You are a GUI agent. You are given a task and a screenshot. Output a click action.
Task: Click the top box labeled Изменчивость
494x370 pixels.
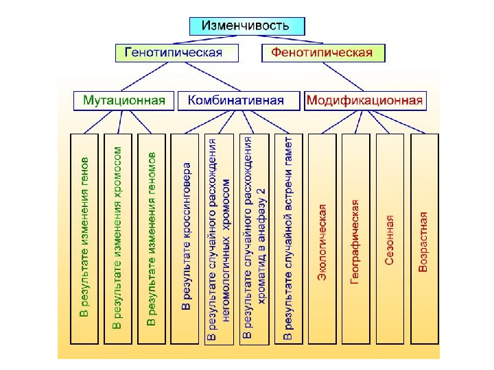point(246,26)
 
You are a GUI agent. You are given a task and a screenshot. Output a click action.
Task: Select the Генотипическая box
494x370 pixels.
point(177,53)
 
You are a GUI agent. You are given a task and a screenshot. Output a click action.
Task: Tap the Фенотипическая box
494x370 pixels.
point(322,53)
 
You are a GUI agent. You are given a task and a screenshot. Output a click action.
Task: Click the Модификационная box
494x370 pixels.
point(364,101)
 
